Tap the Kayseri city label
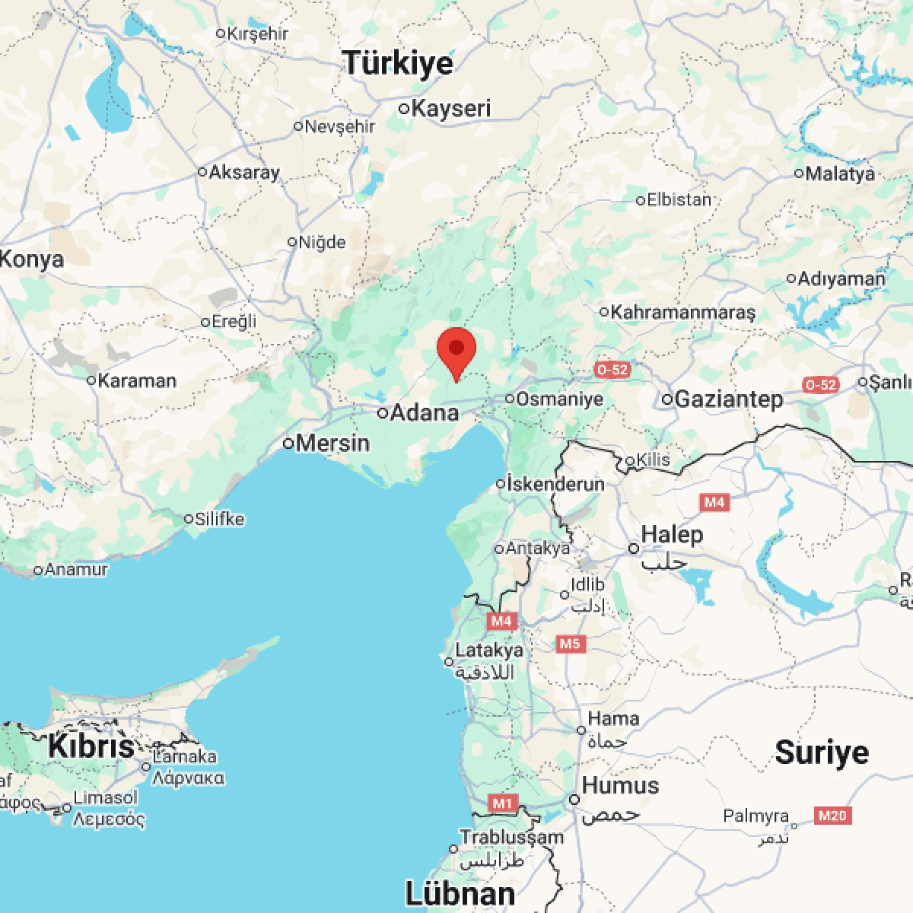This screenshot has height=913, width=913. tap(450, 108)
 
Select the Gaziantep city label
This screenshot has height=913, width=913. tap(728, 399)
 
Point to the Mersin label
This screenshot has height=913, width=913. tap(332, 443)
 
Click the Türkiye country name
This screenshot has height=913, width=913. tap(398, 63)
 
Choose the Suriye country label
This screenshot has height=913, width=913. tap(822, 752)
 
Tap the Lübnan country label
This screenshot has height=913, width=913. tap(460, 892)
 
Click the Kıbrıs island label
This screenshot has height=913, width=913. tap(91, 746)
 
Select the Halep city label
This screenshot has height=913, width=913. tap(672, 534)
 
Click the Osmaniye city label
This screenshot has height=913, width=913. tap(559, 399)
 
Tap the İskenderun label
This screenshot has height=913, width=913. tap(555, 484)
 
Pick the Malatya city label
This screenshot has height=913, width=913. tap(840, 173)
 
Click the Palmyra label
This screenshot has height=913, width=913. tap(756, 816)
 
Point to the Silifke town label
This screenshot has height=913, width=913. tap(219, 519)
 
